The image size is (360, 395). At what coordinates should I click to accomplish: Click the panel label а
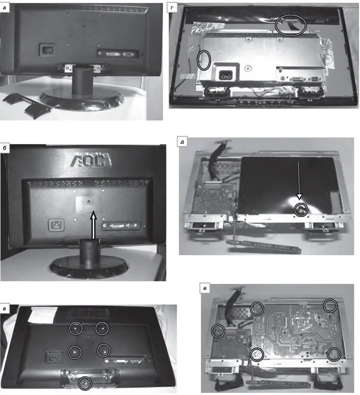[5, 8]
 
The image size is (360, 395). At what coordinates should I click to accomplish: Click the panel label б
[5, 148]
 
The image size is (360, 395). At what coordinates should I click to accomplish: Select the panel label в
[5, 309]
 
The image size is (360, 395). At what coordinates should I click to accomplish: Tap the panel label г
[172, 8]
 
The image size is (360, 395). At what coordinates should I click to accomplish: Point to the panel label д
[182, 142]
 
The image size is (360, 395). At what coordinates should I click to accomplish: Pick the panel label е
[205, 289]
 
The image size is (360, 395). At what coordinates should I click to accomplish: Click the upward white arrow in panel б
[94, 225]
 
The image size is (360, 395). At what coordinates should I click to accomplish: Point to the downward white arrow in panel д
[299, 181]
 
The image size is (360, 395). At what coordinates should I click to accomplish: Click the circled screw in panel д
[301, 210]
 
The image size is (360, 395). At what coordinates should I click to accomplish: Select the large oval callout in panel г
[291, 25]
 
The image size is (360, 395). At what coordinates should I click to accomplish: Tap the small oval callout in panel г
[204, 60]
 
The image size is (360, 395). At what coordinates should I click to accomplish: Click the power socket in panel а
[47, 50]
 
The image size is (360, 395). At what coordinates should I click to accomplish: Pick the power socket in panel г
[225, 74]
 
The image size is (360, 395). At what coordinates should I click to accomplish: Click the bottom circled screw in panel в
[85, 383]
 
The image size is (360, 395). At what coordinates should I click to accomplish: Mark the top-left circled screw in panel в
[76, 328]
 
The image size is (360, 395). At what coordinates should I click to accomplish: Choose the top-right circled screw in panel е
[330, 306]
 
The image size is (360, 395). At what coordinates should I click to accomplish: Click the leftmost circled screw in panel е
[218, 331]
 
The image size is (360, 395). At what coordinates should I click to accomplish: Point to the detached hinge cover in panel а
[28, 106]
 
